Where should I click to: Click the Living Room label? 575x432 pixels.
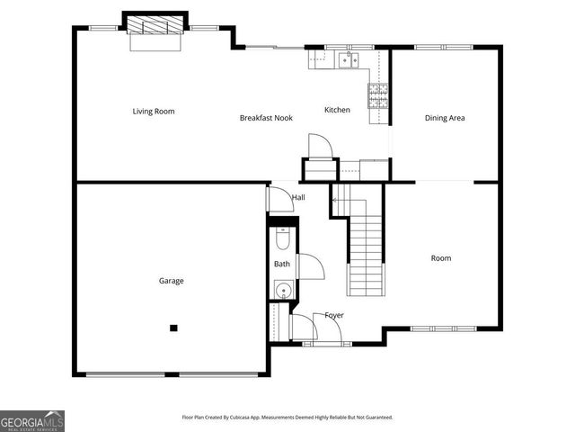coord(154,112)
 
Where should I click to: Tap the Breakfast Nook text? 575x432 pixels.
coord(266,118)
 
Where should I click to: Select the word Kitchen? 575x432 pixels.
coord(337,110)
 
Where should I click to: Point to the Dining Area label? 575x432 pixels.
coord(444,118)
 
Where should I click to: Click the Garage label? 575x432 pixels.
coord(172,281)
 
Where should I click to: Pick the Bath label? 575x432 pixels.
coord(282,264)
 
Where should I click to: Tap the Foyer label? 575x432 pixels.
coord(334,315)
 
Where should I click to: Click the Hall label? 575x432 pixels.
coord(297,197)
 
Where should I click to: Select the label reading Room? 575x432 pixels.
coord(440,258)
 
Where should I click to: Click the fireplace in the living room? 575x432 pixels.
coord(156,24)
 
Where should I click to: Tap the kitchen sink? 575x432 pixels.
coord(348,59)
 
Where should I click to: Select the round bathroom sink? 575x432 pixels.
coord(282,290)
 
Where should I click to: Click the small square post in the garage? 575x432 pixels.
coord(174,328)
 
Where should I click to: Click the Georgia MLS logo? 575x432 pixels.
coord(32,420)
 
